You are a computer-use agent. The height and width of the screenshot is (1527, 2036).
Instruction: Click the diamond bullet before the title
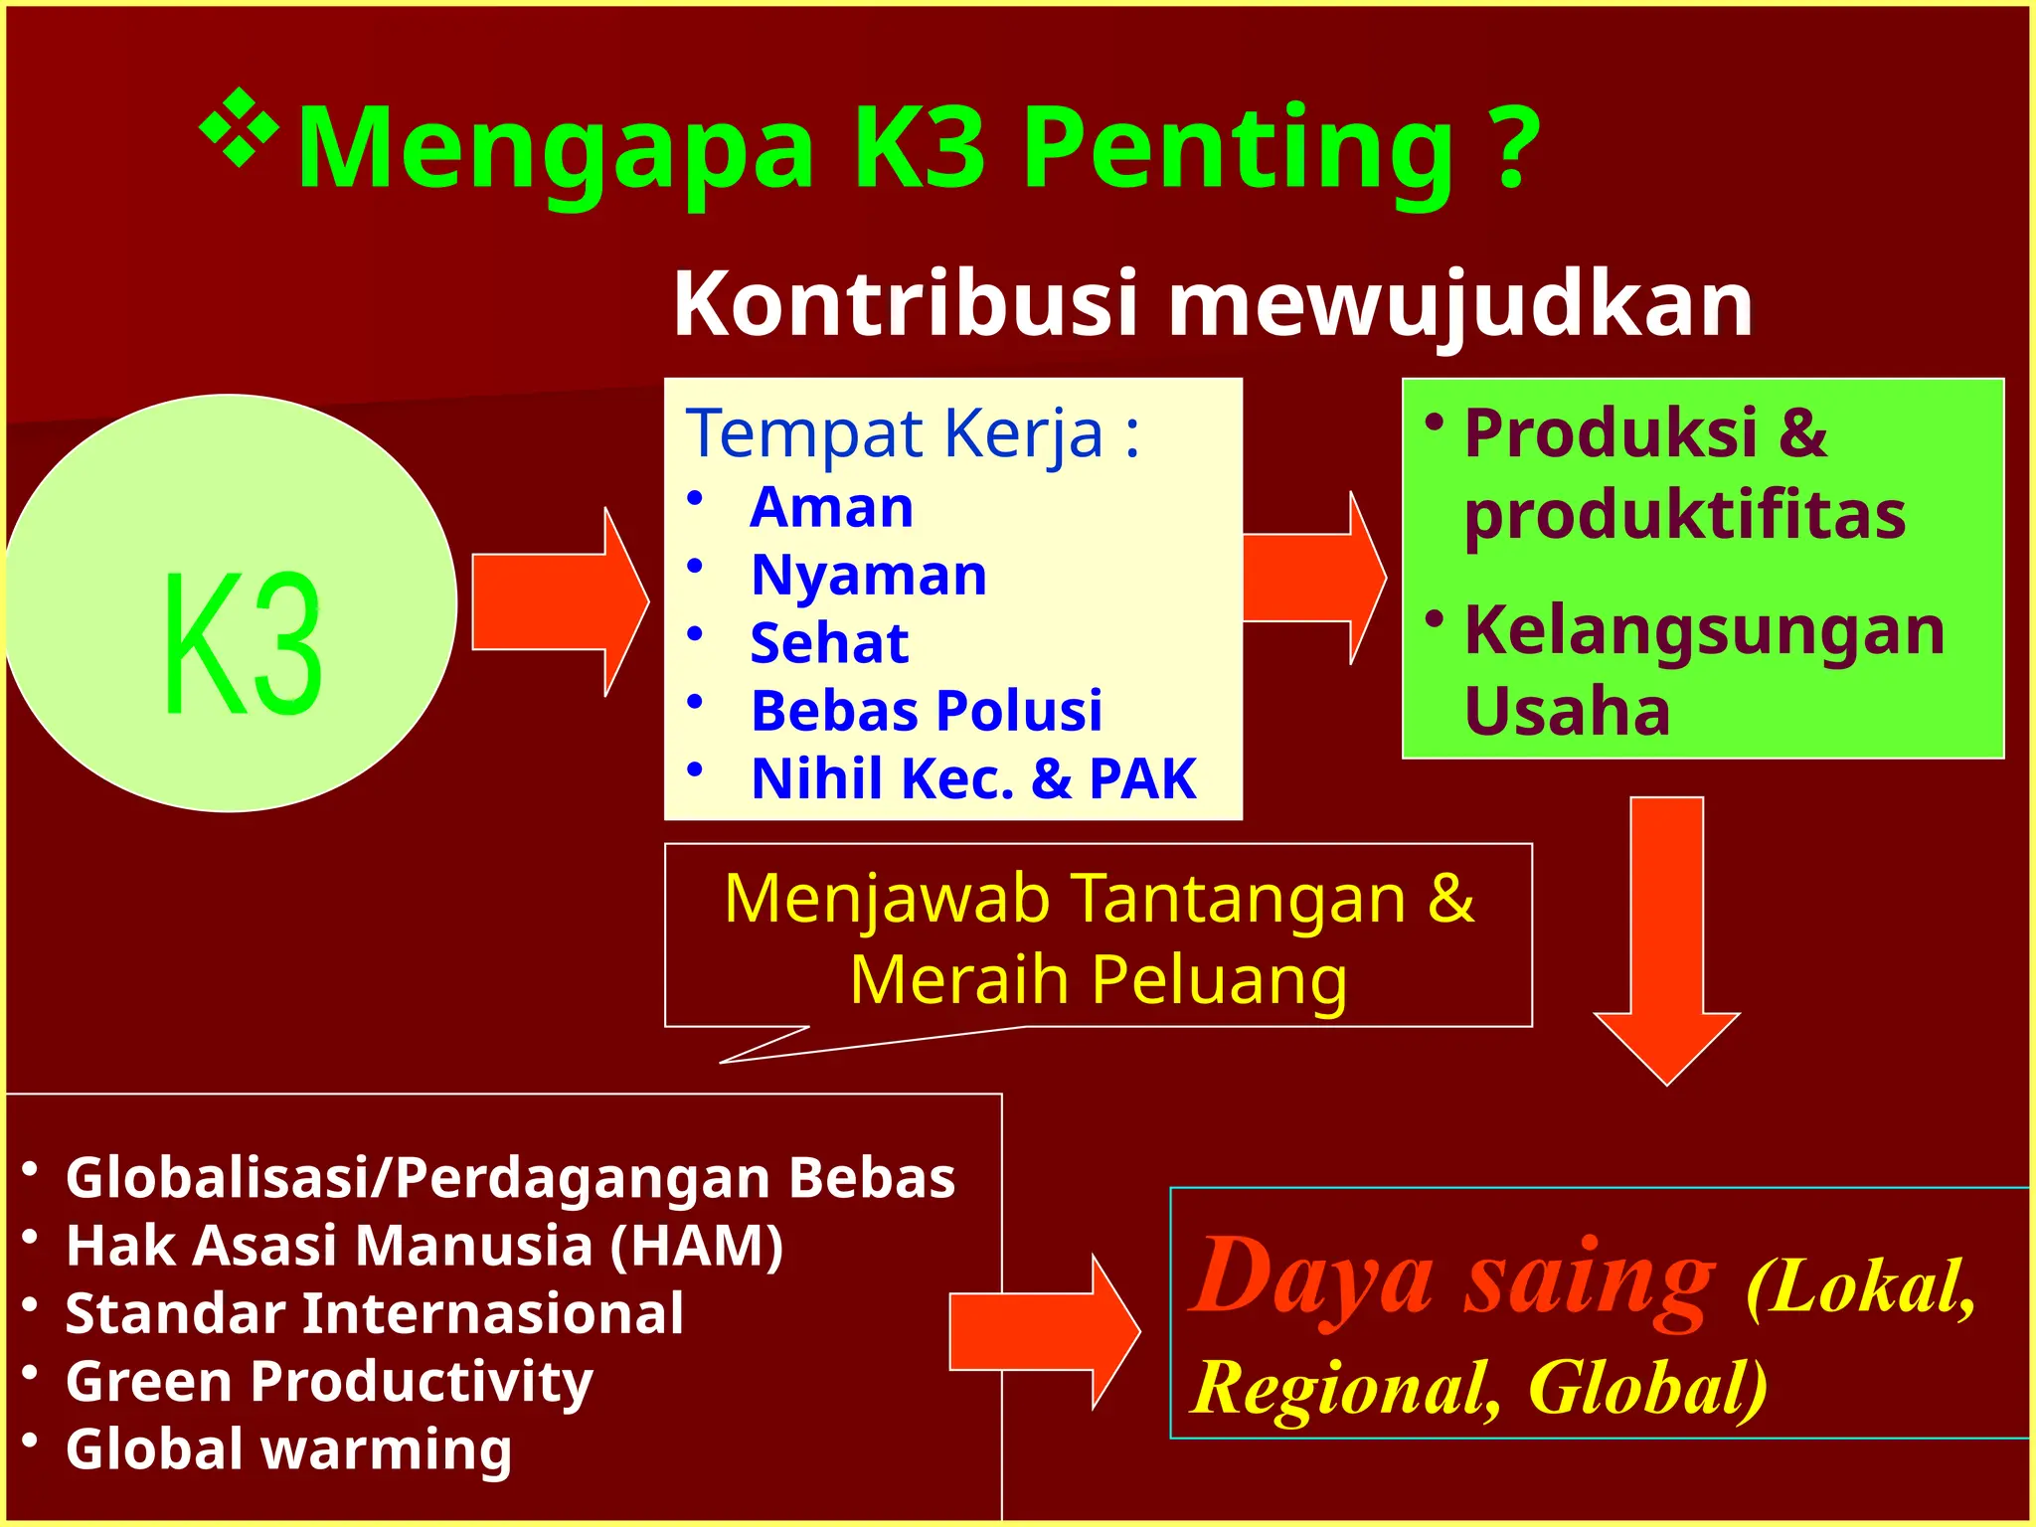coord(239,127)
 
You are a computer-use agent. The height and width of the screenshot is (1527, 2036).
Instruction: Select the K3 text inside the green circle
coord(243,644)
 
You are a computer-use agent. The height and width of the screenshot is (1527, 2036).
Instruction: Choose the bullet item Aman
coord(831,507)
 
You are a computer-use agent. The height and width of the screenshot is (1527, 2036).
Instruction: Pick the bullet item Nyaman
coord(869,575)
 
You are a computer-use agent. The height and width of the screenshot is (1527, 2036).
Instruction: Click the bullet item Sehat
coord(829,642)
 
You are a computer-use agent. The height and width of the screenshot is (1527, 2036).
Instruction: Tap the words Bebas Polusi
coord(927,711)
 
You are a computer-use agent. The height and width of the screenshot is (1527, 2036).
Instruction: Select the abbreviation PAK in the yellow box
coord(1142,778)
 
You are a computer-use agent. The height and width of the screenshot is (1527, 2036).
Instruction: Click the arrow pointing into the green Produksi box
coord(1313,578)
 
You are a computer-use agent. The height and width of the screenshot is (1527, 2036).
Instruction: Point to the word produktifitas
coord(1684,515)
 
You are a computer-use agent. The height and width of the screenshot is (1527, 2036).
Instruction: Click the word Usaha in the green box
coord(1567,711)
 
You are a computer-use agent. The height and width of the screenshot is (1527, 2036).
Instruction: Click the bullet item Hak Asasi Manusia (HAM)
coord(424,1245)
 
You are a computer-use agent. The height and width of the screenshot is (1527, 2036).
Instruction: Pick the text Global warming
coord(288,1448)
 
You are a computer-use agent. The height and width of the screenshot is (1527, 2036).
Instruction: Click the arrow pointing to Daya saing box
coord(1044,1331)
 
